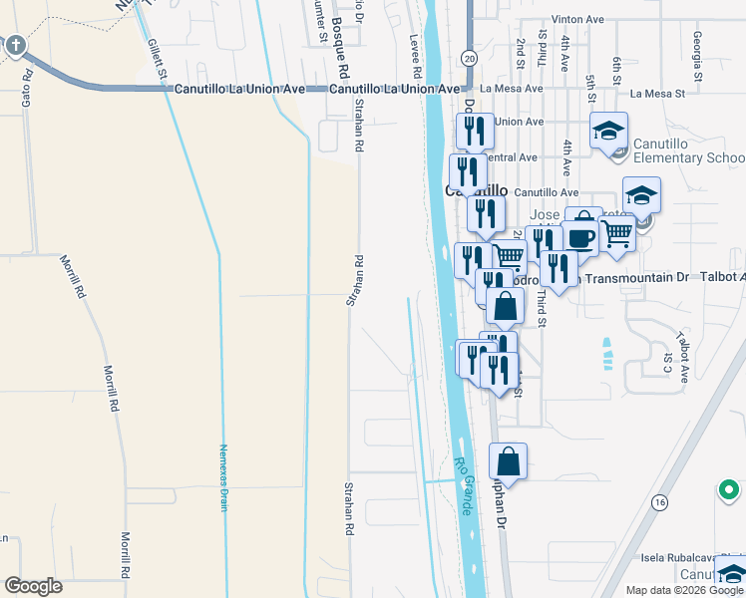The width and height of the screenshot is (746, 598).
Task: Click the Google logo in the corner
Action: pyautogui.click(x=34, y=586)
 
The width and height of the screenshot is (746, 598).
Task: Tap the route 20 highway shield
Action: pyautogui.click(x=469, y=59)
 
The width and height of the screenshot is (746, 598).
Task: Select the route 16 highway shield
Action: pyautogui.click(x=660, y=503)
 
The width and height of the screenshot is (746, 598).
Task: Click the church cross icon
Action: pyautogui.click(x=16, y=45)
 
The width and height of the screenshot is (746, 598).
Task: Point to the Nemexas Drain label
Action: pyautogui.click(x=224, y=477)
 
